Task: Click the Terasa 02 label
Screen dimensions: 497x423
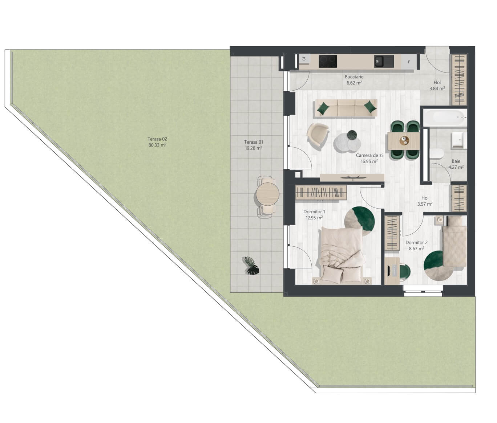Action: [157, 139]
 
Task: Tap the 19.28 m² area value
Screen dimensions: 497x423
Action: [254, 148]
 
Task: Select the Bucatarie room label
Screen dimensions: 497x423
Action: [354, 77]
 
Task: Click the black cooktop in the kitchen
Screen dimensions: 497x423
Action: [328, 61]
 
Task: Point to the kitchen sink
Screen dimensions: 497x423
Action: [384, 61]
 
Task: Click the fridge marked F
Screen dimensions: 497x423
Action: [409, 62]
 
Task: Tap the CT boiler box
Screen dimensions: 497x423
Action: [304, 58]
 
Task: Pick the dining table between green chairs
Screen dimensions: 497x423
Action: [404, 141]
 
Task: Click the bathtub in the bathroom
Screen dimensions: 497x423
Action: [445, 118]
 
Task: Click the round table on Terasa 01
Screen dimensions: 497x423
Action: [267, 194]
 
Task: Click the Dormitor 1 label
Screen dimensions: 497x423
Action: [314, 212]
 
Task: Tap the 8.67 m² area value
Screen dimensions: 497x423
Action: [416, 249]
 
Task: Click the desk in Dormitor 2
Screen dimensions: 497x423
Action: [392, 271]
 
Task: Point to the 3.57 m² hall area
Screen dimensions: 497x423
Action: [425, 204]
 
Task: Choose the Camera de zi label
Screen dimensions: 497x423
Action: [369, 155]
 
